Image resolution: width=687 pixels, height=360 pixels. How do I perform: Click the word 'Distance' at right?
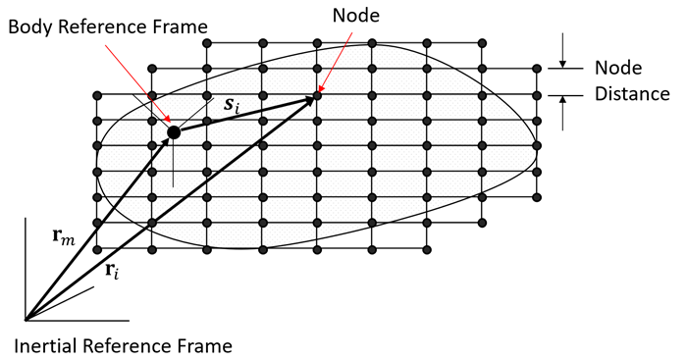[632, 94]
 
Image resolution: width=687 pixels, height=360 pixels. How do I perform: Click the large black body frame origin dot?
[174, 132]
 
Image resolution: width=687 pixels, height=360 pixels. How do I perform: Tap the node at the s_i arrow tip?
[317, 95]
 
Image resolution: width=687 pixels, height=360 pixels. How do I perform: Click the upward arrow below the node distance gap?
[562, 110]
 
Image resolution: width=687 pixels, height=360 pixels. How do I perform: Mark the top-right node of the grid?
[481, 42]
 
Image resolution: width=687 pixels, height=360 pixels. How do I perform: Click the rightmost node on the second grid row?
[536, 69]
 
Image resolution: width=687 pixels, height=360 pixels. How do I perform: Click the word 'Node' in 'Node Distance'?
[617, 69]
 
